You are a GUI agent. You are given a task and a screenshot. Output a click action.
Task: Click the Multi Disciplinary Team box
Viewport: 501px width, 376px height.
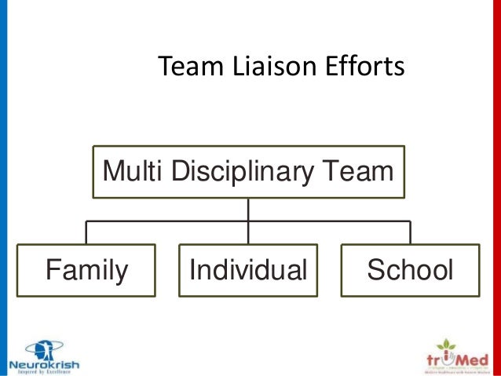point(248,170)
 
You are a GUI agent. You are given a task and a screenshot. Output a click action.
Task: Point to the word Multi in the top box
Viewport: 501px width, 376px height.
point(128,170)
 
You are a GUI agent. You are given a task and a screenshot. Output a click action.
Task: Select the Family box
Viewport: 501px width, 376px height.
point(86,270)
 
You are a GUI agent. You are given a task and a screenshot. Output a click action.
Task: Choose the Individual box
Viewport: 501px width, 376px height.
point(248,270)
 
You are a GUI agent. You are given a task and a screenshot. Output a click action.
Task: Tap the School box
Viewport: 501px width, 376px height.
point(410,270)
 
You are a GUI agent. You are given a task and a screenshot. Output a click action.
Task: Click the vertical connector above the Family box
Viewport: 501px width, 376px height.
point(86,232)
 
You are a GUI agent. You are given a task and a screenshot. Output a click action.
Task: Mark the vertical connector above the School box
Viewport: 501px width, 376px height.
point(410,232)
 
